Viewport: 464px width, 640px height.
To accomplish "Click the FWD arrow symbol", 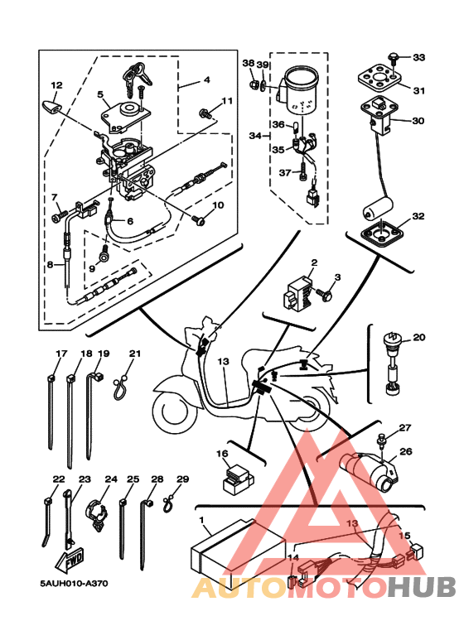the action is (x=70, y=559).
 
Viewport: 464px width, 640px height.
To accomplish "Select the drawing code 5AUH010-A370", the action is (x=75, y=584).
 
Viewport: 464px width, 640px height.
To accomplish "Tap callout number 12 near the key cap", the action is (x=57, y=85).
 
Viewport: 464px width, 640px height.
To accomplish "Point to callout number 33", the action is (x=419, y=57).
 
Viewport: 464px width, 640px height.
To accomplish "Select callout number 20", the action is (x=419, y=337).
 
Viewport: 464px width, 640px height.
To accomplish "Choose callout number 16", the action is (x=223, y=454).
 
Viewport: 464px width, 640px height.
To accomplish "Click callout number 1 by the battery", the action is (x=201, y=520).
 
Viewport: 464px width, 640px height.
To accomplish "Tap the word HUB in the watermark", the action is (x=421, y=586).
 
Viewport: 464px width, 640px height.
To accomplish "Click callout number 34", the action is (x=256, y=135).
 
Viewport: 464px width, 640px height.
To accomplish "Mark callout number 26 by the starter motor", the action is (x=406, y=451).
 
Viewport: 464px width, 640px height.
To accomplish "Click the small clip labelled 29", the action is (x=168, y=504).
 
